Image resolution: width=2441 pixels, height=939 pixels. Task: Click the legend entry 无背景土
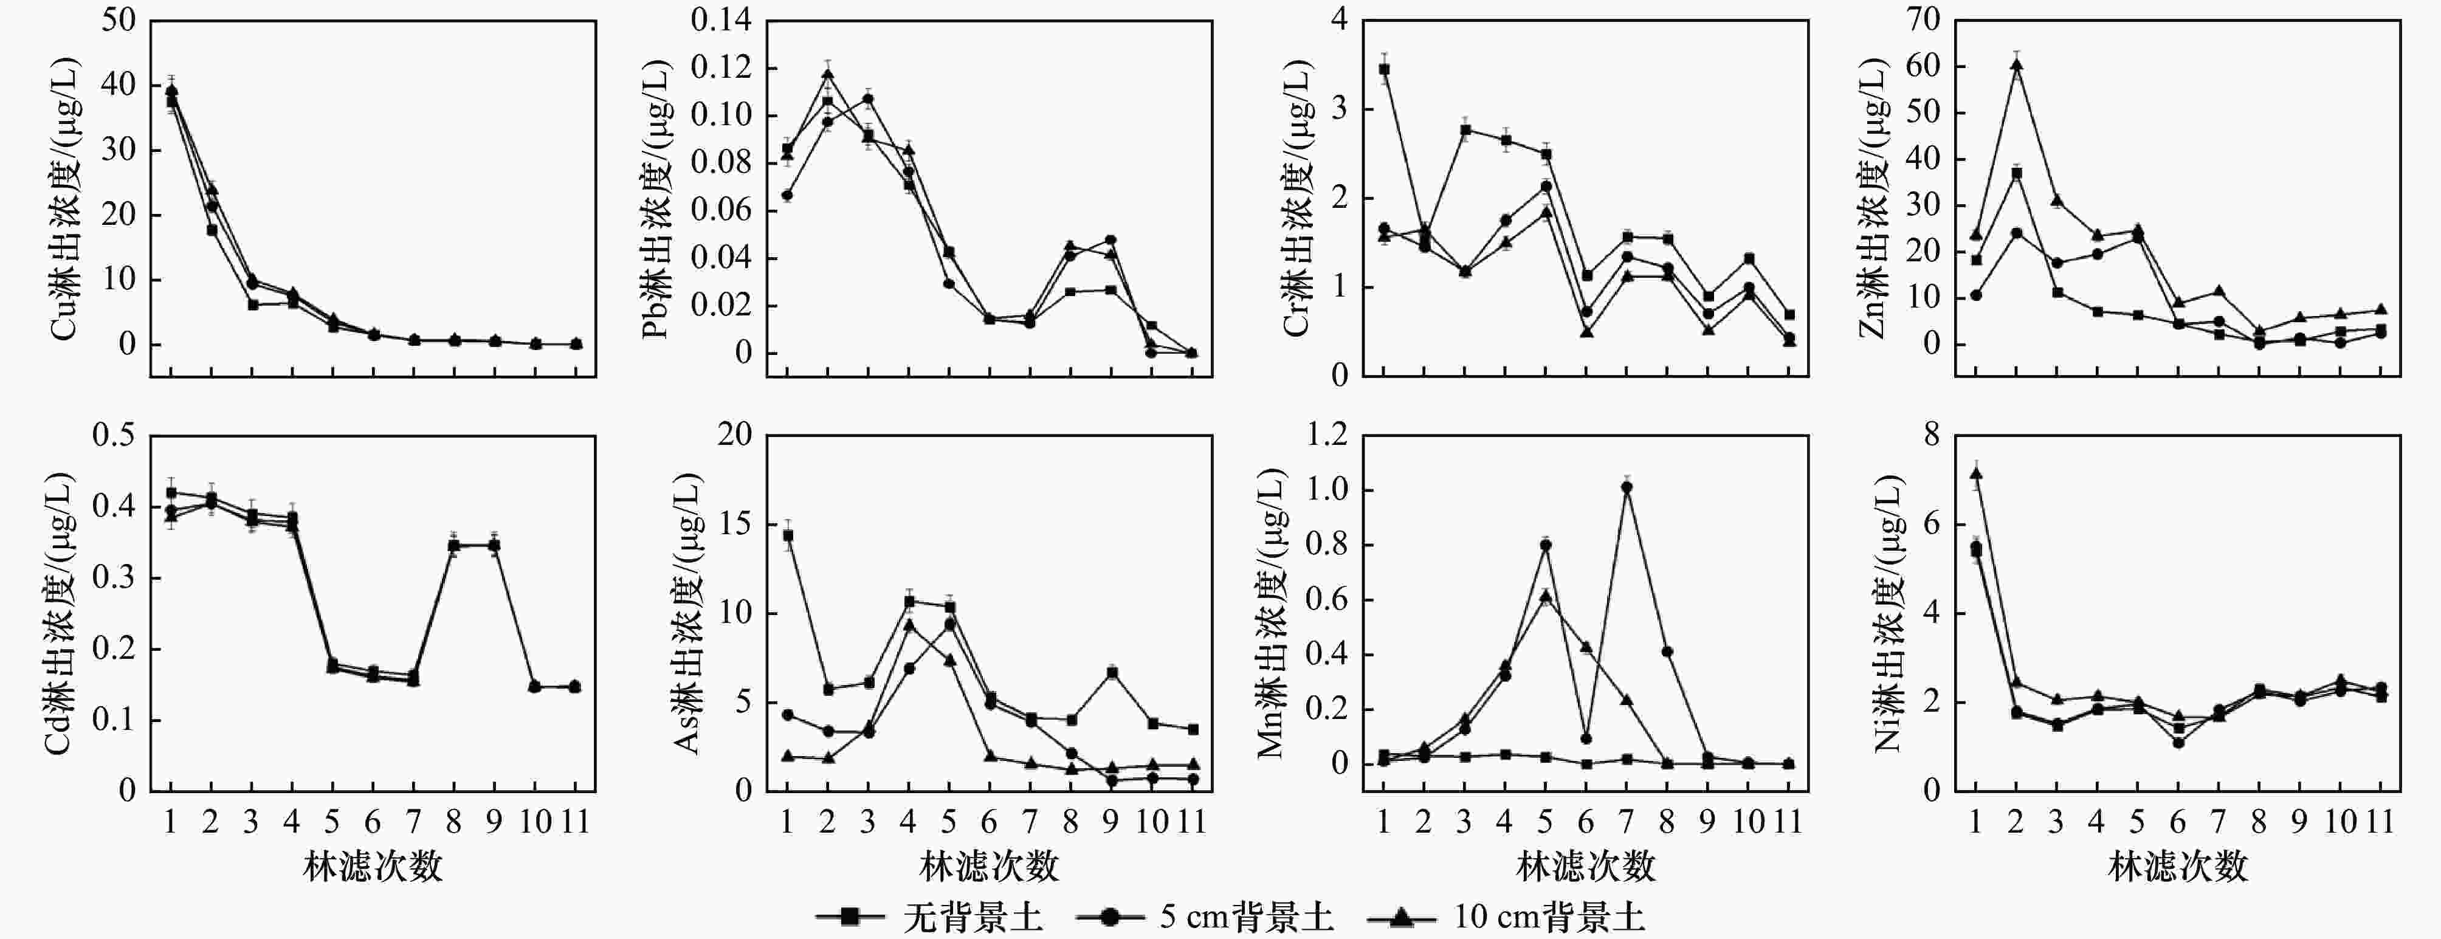[971, 917]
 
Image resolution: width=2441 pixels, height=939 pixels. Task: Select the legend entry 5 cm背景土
[1245, 917]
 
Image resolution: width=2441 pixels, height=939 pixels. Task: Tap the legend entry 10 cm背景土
[1548, 917]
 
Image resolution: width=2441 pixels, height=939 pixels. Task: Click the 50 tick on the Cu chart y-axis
[119, 20]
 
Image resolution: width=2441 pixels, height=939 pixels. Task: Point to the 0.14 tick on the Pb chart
[720, 20]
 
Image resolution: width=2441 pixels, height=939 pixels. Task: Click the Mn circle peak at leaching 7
[1627, 487]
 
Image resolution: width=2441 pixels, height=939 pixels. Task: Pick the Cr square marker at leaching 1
[1383, 69]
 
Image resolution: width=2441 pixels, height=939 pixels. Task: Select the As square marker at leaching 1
[788, 535]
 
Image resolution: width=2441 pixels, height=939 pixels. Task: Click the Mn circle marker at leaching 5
[1546, 545]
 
